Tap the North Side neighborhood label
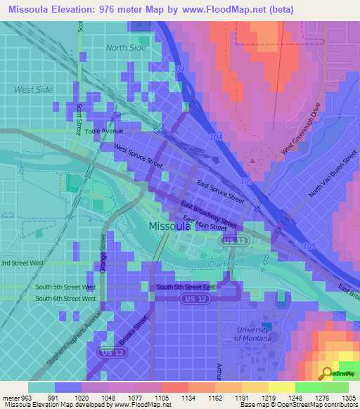tap(126, 48)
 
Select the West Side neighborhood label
tap(33, 89)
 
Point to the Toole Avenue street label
tap(103, 131)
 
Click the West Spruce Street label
tap(139, 156)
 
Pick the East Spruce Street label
tap(221, 191)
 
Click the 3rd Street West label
tap(22, 263)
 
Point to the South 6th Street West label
tap(65, 299)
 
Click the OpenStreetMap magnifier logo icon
tap(327, 372)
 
